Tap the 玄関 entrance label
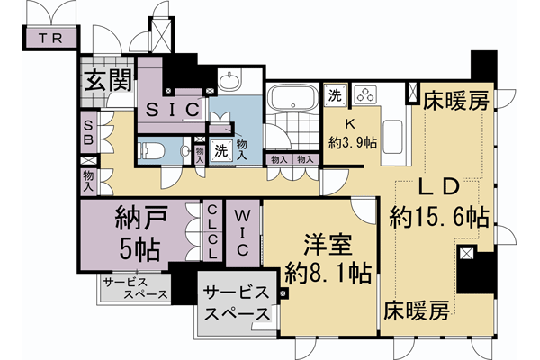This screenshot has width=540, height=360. click(x=106, y=80)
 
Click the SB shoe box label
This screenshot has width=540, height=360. click(x=89, y=133)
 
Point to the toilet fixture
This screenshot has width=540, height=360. click(x=152, y=150)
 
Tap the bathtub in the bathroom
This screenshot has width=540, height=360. click(x=291, y=97)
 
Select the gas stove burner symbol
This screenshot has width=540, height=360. click(x=367, y=94)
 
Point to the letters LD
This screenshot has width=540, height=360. click(x=441, y=187)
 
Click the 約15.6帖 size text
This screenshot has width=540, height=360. click(x=440, y=217)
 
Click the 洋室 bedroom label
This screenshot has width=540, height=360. click(x=326, y=243)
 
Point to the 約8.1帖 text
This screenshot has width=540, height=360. click(x=326, y=271)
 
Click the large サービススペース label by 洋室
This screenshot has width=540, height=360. click(x=235, y=304)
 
